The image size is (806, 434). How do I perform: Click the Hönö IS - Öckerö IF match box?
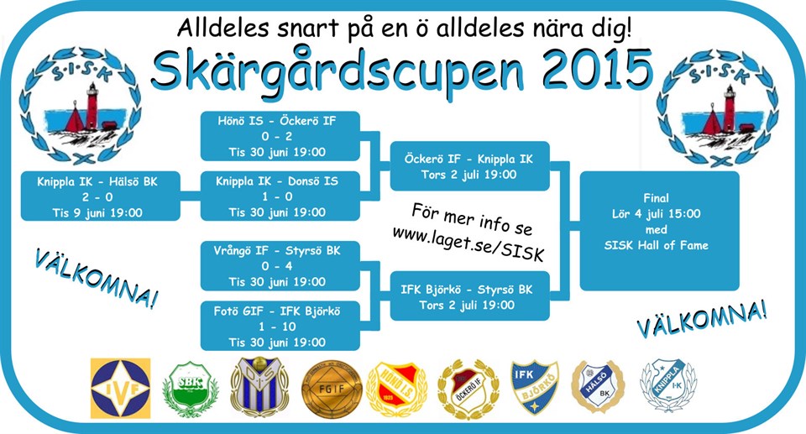click(x=280, y=136)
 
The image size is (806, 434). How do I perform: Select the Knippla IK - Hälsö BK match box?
click(x=100, y=196)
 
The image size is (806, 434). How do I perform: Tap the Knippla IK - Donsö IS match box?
click(x=280, y=196)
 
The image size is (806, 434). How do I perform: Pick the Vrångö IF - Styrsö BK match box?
click(x=280, y=266)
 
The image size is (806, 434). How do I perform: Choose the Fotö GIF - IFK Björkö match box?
click(x=280, y=326)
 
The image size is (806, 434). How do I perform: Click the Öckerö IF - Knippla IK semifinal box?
click(x=470, y=166)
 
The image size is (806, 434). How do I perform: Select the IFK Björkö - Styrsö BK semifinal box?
click(x=470, y=296)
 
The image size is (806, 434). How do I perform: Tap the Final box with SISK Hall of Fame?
click(x=660, y=231)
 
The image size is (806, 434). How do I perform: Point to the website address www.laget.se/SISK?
click(x=468, y=243)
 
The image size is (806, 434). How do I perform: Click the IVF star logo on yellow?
click(x=121, y=388)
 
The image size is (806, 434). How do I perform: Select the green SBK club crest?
click(x=191, y=388)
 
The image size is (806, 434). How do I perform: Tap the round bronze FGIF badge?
click(x=332, y=388)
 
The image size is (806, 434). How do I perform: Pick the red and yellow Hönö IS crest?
click(x=397, y=389)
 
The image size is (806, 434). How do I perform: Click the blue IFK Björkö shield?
click(x=535, y=387)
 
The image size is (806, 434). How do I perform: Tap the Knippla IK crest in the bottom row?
click(x=668, y=385)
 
